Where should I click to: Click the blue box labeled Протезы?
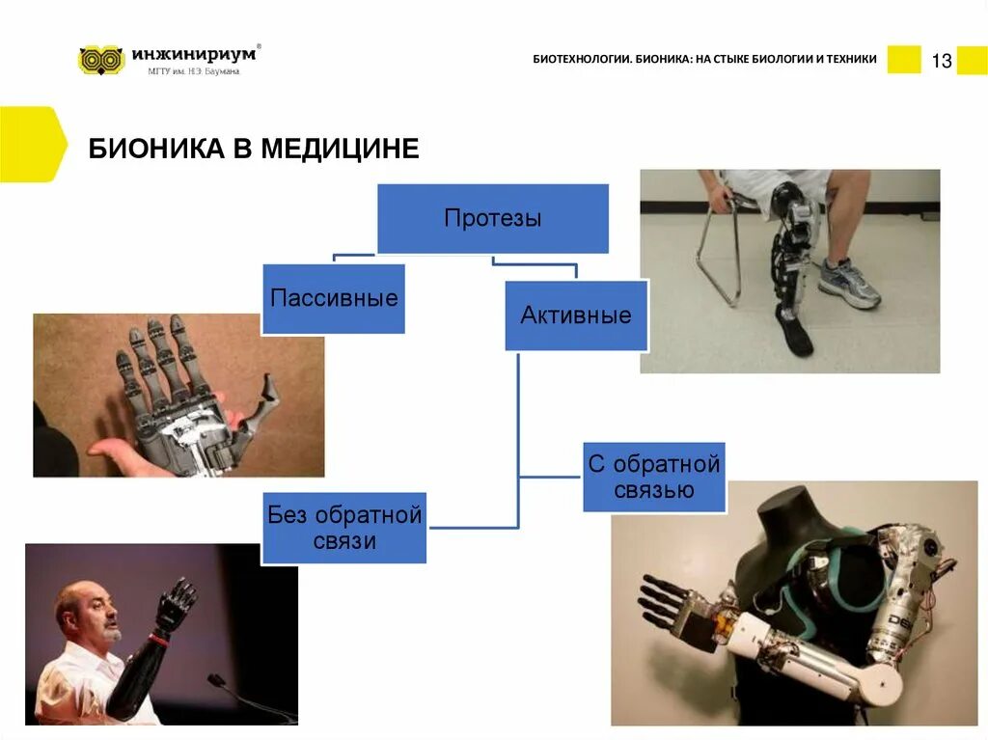[492, 218]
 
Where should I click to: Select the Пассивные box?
[333, 298]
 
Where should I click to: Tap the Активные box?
[576, 315]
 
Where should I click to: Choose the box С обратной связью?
[654, 477]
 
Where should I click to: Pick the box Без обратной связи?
[344, 528]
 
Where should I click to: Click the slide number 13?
[941, 62]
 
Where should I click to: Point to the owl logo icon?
[101, 60]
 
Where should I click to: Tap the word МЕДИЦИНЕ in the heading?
[340, 149]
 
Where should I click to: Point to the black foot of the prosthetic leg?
[797, 337]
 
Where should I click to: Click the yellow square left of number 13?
[904, 60]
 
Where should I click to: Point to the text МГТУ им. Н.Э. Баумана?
[194, 70]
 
